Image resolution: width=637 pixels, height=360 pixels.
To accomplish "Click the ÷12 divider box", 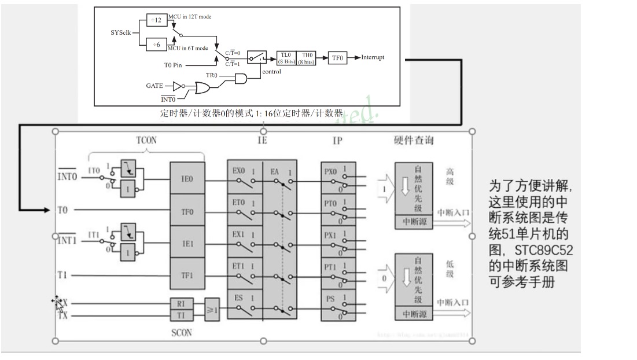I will [156, 20].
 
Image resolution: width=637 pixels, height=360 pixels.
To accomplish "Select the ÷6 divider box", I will [156, 43].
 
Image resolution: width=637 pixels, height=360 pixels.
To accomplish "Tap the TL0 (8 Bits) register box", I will [286, 57].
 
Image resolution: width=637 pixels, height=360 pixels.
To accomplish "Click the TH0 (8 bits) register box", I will [307, 57].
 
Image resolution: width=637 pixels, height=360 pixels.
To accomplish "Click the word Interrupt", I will [373, 57].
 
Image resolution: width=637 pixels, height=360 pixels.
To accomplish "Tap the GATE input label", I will [154, 86].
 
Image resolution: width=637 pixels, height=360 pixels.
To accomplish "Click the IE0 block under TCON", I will [187, 180].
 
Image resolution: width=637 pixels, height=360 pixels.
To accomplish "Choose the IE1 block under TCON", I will [187, 244].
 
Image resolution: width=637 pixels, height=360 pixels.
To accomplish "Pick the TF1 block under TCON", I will [187, 275].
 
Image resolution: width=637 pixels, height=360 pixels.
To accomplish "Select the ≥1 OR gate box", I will [212, 310].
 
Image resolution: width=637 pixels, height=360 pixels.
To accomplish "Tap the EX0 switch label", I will [238, 172].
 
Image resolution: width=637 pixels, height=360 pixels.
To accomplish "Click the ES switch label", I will [238, 298].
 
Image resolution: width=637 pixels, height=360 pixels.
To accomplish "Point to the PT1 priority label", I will [330, 267].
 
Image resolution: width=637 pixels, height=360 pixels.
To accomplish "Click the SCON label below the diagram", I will [181, 333].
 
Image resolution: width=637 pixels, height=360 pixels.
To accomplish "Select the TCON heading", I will [146, 140].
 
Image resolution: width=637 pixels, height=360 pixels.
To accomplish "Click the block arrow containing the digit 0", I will [384, 278].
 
